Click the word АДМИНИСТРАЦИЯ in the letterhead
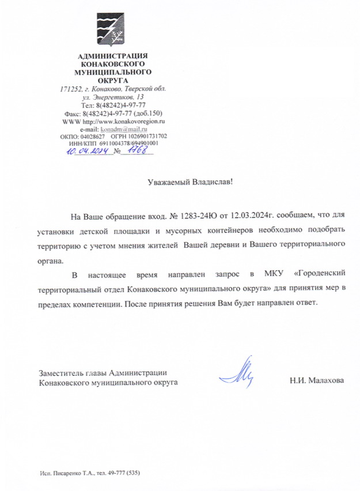pyautogui.click(x=113, y=55)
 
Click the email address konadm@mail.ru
pyautogui.click(x=128, y=130)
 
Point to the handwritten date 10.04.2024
pyautogui.click(x=88, y=151)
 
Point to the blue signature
pyautogui.click(x=241, y=371)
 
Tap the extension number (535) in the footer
pyautogui.click(x=131, y=473)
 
